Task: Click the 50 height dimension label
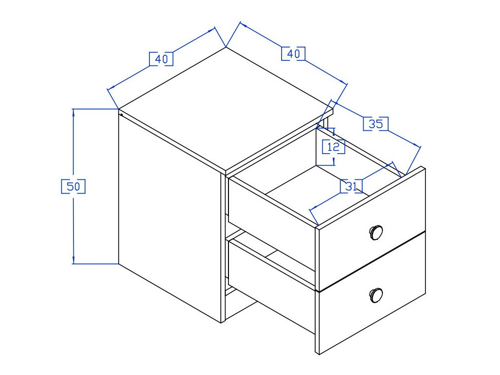point(73,186)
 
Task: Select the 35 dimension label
point(376,124)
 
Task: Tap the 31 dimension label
point(352,186)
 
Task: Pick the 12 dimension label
point(334,147)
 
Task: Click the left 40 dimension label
point(161,59)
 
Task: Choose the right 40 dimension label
point(293,53)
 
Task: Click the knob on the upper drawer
point(375,232)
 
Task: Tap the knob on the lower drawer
point(376,294)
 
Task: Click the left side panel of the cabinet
point(170,213)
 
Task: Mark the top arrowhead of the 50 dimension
point(74,112)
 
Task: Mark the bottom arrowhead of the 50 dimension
point(74,260)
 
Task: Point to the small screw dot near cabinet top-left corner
point(122,115)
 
